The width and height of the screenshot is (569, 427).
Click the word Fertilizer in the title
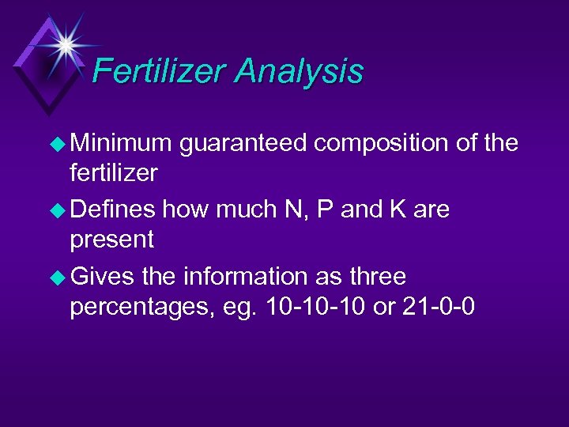(158, 72)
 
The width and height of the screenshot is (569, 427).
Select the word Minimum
(121, 143)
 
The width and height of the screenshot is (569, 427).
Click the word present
(112, 239)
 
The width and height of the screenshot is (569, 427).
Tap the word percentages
(135, 306)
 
